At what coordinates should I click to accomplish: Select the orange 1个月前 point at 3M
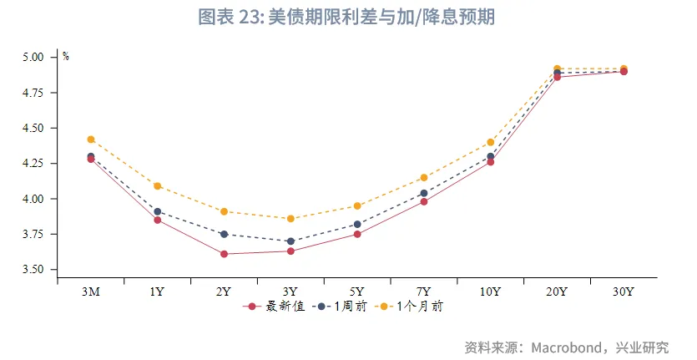pos(91,139)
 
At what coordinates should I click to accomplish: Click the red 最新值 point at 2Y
pos(224,254)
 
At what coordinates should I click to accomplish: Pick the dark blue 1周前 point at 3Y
pos(290,241)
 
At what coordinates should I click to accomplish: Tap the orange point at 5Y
pos(357,205)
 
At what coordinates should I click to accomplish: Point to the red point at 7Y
pos(424,201)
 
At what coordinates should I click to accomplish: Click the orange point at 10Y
pos(490,142)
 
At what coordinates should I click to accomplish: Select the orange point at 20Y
pos(557,68)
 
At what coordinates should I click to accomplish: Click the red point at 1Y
pos(157,220)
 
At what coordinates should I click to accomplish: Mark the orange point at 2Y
pos(224,211)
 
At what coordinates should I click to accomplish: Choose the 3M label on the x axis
pos(91,292)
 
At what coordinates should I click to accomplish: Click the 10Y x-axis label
pos(490,292)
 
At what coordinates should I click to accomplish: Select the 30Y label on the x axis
pos(624,292)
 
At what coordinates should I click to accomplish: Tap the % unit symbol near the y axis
pos(66,57)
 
